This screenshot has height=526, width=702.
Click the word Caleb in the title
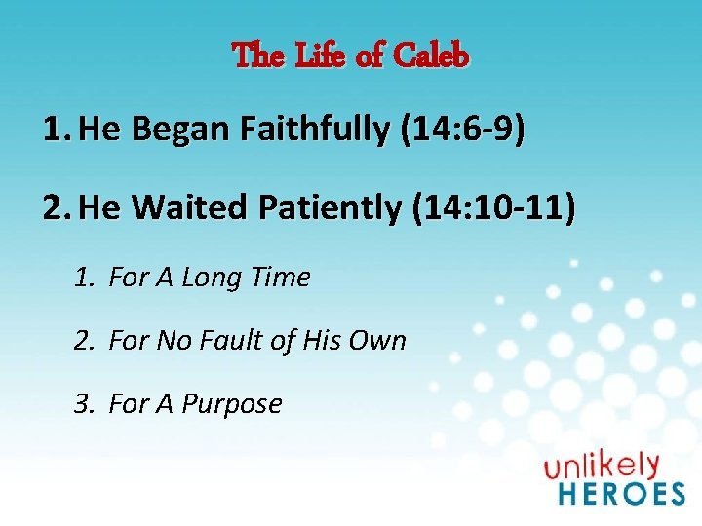[431, 56]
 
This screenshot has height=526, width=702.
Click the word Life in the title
[319, 56]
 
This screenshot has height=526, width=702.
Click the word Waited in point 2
[176, 207]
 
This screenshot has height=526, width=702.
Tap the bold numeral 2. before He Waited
[57, 207]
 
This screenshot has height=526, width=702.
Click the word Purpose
[231, 404]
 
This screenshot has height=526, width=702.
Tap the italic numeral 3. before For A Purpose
[84, 404]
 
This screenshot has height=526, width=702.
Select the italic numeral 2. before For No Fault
[84, 342]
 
